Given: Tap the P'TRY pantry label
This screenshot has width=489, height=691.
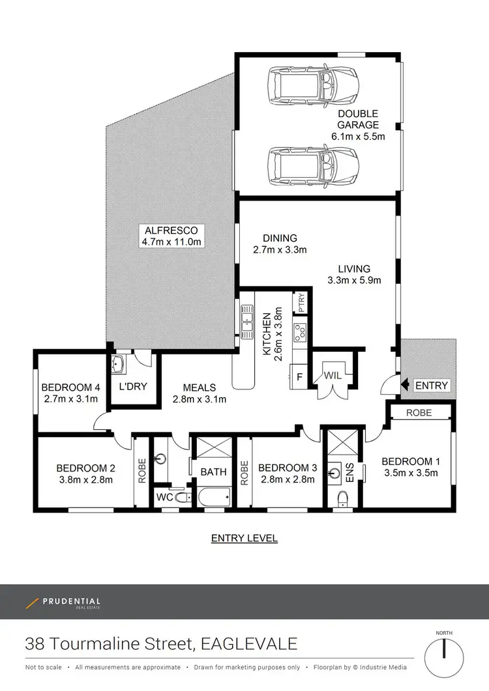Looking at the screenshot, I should coord(301,305).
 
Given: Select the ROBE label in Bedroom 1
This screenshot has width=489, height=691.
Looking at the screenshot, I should coord(420,412).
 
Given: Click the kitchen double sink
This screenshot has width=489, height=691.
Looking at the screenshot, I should coord(247,321).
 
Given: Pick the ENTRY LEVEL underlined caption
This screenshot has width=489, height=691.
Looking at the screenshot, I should coord(244,538).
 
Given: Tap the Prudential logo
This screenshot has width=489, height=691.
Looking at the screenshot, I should coord(63,603).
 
